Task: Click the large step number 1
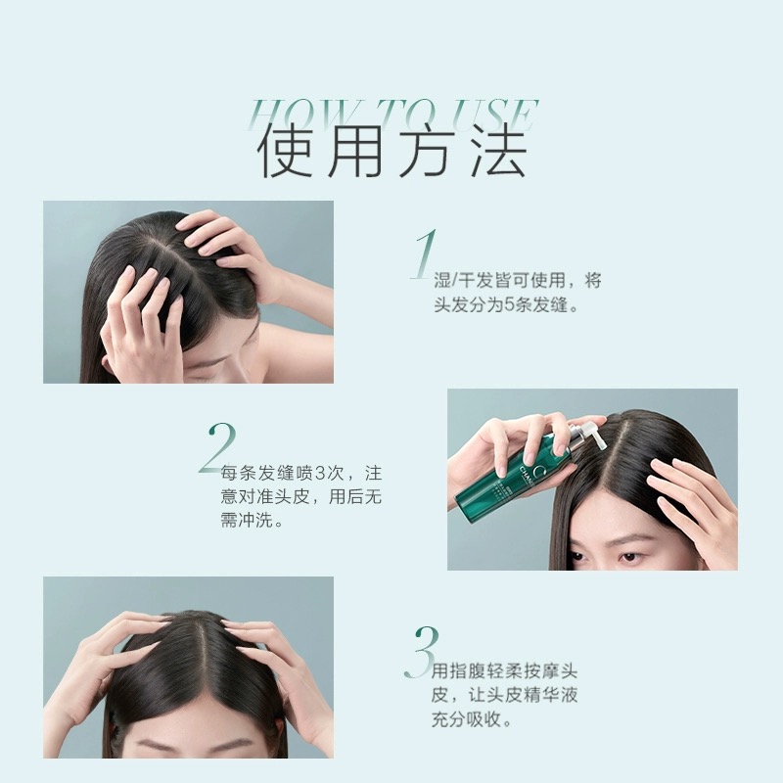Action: click(425, 254)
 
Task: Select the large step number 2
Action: click(216, 448)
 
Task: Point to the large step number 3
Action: click(422, 652)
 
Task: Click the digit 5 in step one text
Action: click(509, 304)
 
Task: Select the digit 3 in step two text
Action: click(321, 473)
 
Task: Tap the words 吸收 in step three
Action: click(484, 719)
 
